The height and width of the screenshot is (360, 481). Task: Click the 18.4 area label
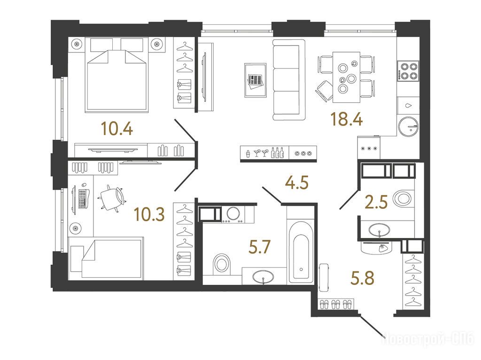pos(347,119)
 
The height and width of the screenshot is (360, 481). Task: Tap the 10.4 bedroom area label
pos(117,129)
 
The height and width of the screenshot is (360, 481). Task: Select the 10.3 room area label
pos(149,214)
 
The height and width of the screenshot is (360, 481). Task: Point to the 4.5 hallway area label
pos(297,183)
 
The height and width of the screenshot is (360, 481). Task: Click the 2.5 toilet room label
pos(376,202)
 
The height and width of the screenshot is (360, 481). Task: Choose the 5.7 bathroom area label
pos(259,247)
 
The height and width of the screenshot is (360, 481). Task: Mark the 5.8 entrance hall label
pos(363,278)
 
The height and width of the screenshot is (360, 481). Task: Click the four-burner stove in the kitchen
pos(408,71)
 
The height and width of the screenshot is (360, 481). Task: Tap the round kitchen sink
pos(408,126)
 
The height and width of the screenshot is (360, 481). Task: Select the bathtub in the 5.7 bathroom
pos(301,253)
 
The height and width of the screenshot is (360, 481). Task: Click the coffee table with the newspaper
pos(255,80)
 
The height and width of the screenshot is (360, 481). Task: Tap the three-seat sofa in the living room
pos(289,80)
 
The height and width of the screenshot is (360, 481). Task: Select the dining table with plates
pos(346,77)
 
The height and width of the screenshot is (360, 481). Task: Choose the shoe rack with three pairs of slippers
pos(336,304)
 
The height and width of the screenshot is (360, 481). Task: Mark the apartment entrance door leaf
pos(371,326)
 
